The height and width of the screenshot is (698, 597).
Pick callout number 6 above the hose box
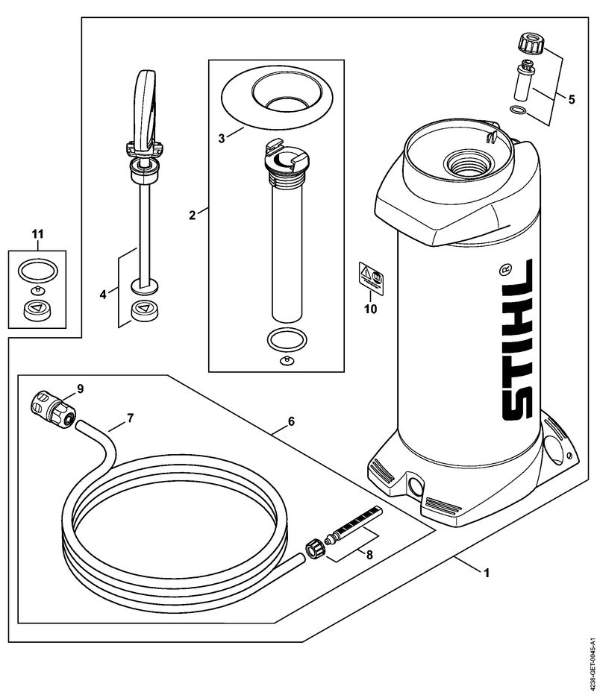291,421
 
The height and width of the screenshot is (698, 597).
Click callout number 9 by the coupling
80,388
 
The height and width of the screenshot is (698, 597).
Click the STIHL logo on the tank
511,350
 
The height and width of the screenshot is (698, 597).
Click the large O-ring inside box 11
36,268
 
